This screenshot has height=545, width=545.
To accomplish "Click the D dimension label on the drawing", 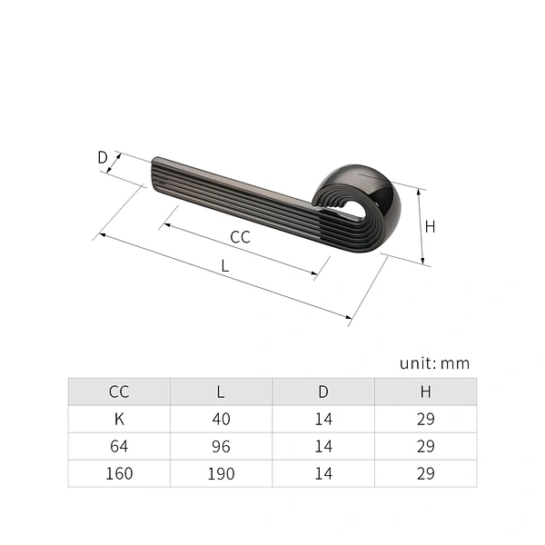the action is point(103,157).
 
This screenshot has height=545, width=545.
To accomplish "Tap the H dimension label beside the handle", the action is point(430,226).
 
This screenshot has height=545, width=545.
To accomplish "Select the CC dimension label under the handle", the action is point(240,237).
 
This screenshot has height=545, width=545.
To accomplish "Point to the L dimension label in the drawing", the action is point(225,266).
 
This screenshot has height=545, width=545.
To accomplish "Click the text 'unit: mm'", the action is point(434,363).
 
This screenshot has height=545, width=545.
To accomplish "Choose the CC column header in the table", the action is point(119,391).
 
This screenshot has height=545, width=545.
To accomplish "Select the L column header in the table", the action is point(221,391).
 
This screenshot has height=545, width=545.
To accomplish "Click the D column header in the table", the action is point(323,391).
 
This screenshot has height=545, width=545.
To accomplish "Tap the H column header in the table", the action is point(425,391).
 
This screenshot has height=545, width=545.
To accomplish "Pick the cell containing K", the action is point(119,419).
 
